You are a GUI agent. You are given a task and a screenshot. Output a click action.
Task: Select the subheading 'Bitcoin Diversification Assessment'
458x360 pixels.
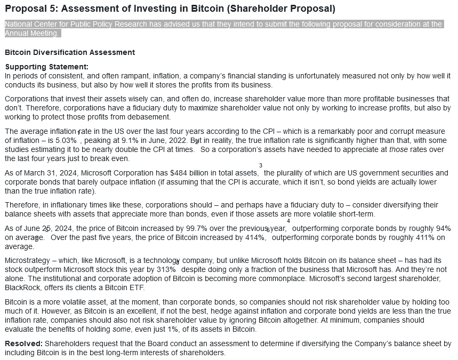pos(70,52)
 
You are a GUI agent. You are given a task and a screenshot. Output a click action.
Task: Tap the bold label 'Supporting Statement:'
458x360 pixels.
pos(47,67)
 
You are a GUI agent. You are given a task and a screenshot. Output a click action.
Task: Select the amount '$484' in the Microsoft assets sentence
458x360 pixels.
pos(179,173)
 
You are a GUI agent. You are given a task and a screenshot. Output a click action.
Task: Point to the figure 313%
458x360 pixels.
pos(165,270)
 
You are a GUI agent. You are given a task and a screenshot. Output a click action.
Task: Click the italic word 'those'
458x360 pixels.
pos(398,150)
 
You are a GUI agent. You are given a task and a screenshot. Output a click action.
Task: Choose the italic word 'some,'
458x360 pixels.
pos(122,329)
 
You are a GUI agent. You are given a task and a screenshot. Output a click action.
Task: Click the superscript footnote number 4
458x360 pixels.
pos(288,221)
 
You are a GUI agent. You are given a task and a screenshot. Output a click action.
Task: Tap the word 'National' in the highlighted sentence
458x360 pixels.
pos(19,24)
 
